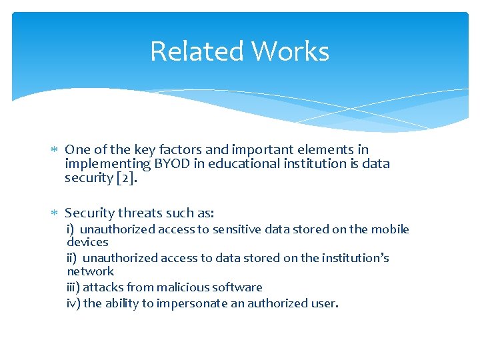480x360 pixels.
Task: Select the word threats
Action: (141, 213)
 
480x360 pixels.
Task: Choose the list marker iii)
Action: (73, 287)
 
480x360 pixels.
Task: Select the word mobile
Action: (390, 229)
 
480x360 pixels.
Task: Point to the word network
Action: (90, 271)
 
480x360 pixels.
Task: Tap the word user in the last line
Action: (326, 303)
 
